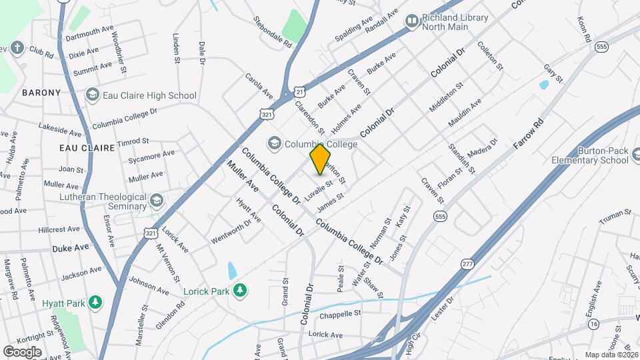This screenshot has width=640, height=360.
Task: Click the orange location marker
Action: pyautogui.click(x=320, y=159)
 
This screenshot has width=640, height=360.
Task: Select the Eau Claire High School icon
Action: pyautogui.click(x=92, y=95)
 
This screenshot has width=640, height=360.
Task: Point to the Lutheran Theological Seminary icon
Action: pyautogui.click(x=156, y=200)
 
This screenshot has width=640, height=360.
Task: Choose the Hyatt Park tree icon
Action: pyautogui.click(x=95, y=303)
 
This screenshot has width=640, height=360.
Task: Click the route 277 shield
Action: pyautogui.click(x=465, y=265)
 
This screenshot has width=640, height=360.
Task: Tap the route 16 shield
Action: pyautogui.click(x=593, y=324)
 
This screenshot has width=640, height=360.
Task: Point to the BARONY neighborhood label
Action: pyautogui.click(x=41, y=92)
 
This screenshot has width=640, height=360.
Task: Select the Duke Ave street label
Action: pyautogui.click(x=70, y=247)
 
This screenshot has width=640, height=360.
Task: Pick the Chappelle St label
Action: pyautogui.click(x=340, y=313)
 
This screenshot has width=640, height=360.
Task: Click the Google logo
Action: pyautogui.click(x=22, y=351)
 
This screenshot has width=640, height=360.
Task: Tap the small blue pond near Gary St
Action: pyautogui.click(x=544, y=85)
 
